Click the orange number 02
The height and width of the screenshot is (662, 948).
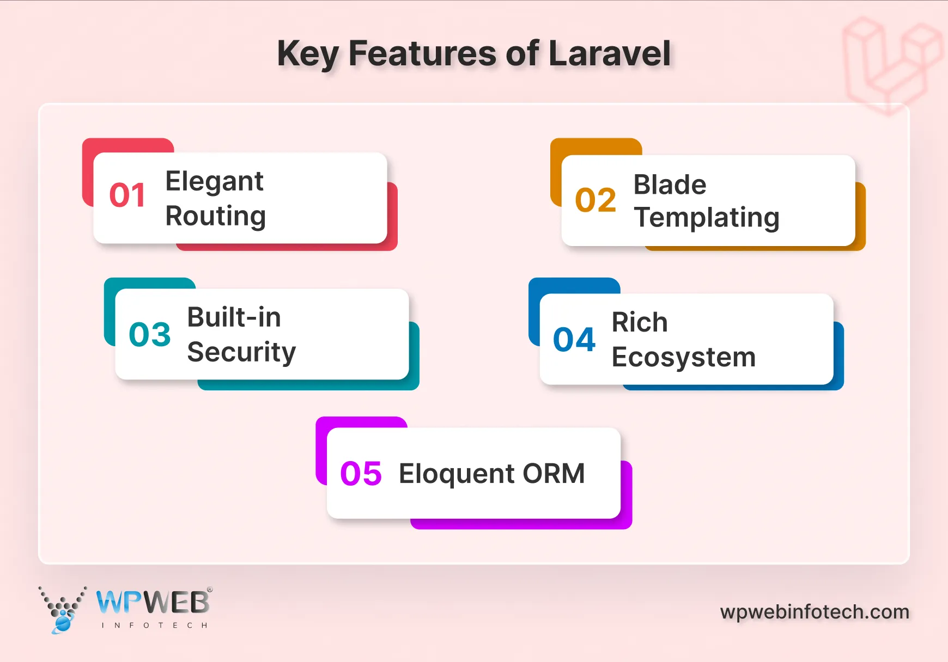click(x=595, y=200)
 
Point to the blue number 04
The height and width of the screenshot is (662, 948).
click(x=574, y=340)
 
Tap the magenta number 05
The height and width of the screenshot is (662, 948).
click(x=361, y=473)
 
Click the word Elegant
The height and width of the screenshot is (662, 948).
click(x=214, y=181)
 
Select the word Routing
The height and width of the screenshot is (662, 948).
click(x=216, y=216)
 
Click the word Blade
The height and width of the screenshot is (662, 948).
click(x=670, y=185)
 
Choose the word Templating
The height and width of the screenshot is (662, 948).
click(x=707, y=218)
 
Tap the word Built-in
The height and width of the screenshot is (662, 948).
click(x=234, y=317)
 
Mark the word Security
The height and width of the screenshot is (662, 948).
click(x=241, y=352)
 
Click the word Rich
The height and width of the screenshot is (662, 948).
click(x=640, y=322)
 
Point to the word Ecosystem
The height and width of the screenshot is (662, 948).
click(x=684, y=358)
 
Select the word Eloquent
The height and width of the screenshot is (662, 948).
click(x=457, y=473)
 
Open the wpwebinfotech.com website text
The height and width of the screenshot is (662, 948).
click(x=815, y=612)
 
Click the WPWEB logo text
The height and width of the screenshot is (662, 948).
click(x=153, y=603)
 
